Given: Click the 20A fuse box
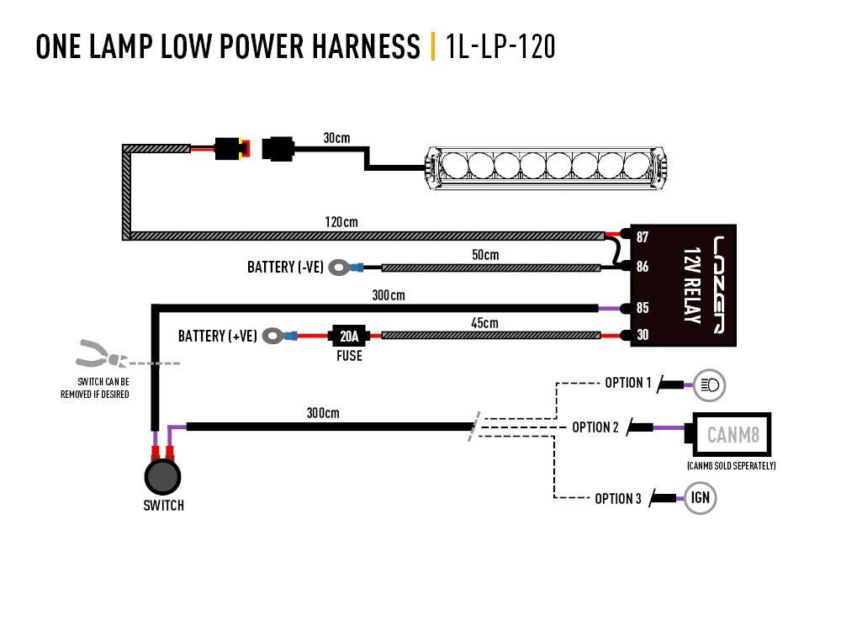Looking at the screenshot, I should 348,336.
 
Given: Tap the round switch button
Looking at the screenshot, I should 162,477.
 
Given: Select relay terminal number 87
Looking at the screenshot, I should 643,237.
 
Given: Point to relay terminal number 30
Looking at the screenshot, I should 643,336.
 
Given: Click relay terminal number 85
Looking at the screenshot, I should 643,308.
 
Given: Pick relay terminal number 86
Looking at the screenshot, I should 643,268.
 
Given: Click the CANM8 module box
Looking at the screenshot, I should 729,435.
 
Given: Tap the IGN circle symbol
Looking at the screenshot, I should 700,497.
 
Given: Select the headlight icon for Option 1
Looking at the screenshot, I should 708,385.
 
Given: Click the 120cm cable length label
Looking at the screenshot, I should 341,223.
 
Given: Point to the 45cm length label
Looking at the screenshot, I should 484,323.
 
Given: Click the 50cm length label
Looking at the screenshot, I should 484,255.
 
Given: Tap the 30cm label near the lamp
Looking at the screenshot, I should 336,137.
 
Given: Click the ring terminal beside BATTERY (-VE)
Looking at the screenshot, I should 339,268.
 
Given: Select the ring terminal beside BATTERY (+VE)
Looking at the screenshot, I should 273,337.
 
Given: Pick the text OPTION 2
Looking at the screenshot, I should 595,427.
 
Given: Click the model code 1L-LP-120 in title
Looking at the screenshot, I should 500,46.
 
